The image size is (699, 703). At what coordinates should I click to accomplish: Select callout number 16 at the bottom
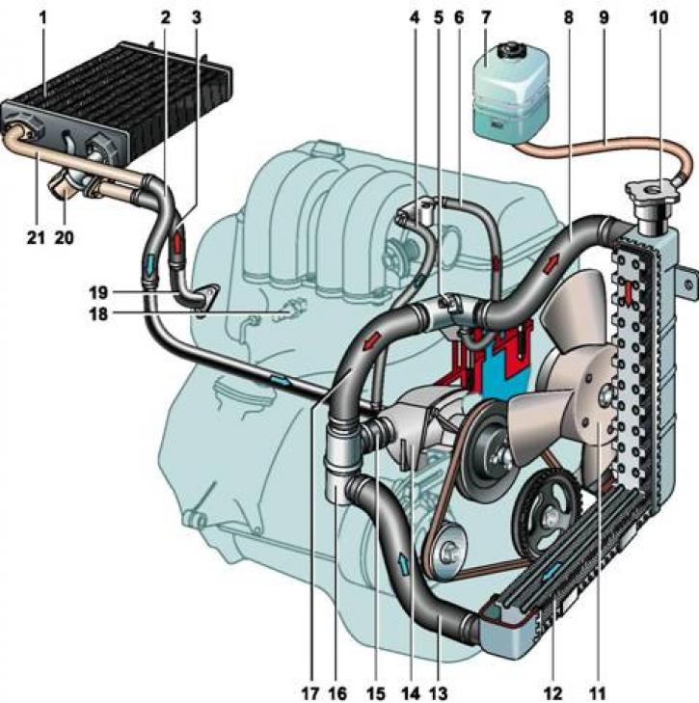point(336,690)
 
